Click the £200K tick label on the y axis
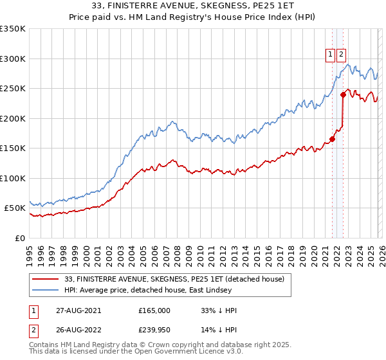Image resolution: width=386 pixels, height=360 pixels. point(12,118)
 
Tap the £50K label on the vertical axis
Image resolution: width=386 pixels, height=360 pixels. point(14,208)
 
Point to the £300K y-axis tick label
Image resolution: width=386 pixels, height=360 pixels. point(12,59)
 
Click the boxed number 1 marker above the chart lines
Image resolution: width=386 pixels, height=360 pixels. point(331,55)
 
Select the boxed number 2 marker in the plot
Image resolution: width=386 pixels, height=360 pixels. point(341,55)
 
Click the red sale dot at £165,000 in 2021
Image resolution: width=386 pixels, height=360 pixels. point(333,139)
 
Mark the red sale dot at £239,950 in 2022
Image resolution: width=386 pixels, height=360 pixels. point(344,94)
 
